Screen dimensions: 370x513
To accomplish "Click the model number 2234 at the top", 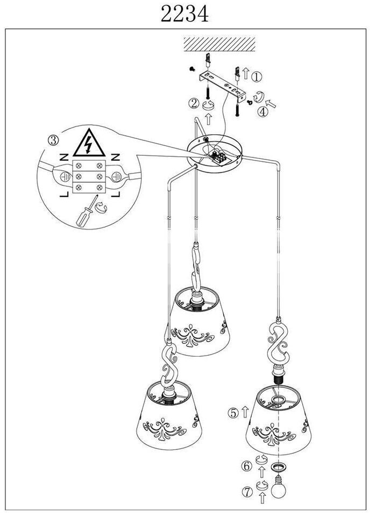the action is point(184,15).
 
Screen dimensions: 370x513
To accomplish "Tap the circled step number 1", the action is point(257,77).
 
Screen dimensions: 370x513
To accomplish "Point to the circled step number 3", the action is point(54,140).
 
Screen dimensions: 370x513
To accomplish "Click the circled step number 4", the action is point(262,112).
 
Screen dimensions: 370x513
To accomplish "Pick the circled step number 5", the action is point(233,413).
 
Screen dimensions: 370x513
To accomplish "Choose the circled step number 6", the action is point(246,466).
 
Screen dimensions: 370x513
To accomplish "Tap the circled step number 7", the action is point(247,491).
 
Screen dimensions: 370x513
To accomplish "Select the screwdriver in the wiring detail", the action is point(87,211).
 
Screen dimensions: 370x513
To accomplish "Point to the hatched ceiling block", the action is point(219,44).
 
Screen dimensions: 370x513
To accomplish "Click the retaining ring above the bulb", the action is point(278,467).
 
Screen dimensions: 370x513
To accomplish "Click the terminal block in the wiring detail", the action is point(89,176).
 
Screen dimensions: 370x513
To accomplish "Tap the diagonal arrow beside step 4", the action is point(271,103).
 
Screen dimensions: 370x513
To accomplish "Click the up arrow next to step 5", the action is point(245,412).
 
